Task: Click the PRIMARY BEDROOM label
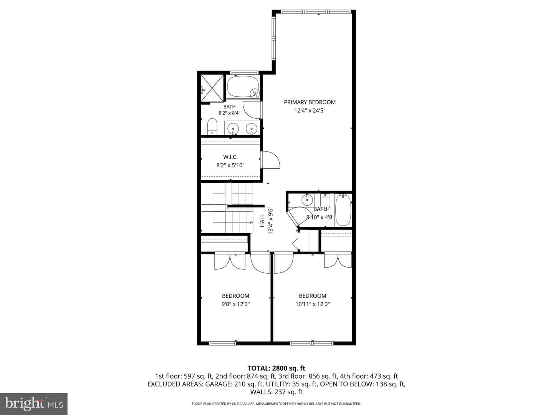click(x=310, y=102)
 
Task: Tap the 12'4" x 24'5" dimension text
click(x=310, y=110)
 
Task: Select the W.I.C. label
click(x=230, y=157)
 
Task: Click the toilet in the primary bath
click(x=212, y=127)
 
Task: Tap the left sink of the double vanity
click(x=233, y=128)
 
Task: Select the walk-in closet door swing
click(x=271, y=160)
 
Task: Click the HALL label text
click(x=262, y=221)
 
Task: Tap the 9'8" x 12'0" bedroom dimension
click(x=235, y=304)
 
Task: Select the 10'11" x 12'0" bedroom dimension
click(x=312, y=304)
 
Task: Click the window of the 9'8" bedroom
click(x=222, y=343)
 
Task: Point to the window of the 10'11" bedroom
click(x=312, y=343)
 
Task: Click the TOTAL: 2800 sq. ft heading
click(x=276, y=369)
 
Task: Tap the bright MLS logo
click(x=34, y=404)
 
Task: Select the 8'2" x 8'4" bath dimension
click(x=229, y=113)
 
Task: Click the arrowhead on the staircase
click(x=252, y=222)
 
